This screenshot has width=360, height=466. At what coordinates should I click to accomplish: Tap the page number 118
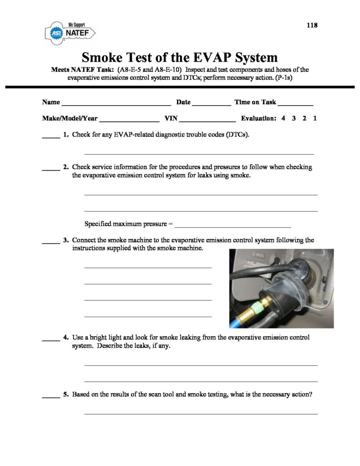click(x=311, y=25)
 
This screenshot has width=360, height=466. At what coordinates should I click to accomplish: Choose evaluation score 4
click(x=283, y=118)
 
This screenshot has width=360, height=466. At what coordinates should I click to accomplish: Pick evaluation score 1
click(x=315, y=118)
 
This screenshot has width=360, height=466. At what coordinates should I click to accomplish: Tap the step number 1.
click(x=66, y=135)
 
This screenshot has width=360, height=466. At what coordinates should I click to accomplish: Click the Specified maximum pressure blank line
click(x=233, y=225)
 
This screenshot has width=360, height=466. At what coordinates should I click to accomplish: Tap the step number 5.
click(x=66, y=395)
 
